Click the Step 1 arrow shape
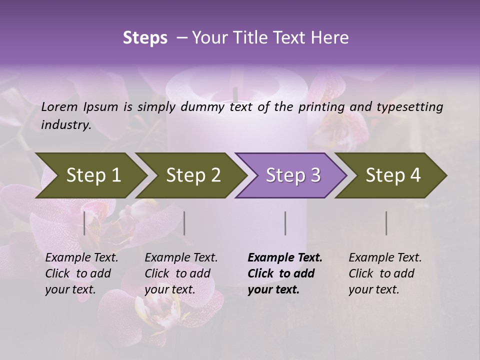click(x=90, y=175)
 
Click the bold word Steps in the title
click(x=145, y=38)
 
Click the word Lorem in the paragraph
click(x=59, y=107)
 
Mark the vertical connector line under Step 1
click(x=84, y=223)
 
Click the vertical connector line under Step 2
click(x=184, y=223)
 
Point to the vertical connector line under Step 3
click(x=285, y=223)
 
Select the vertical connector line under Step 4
click(x=386, y=223)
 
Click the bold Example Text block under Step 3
click(x=285, y=273)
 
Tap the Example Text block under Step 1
click(x=81, y=273)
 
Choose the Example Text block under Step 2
click(x=181, y=273)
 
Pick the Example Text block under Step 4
click(x=385, y=273)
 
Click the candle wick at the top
click(x=234, y=94)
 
